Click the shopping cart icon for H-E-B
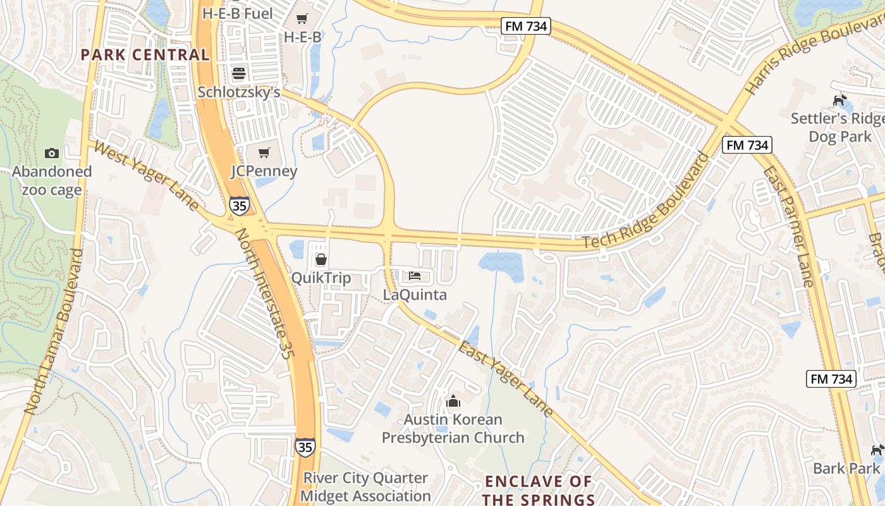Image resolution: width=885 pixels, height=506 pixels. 302,19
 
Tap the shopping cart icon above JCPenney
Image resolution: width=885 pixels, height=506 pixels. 264,152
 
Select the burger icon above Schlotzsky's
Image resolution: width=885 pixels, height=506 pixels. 238,73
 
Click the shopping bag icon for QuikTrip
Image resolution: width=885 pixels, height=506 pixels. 320,259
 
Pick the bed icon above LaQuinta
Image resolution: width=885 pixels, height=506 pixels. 415,276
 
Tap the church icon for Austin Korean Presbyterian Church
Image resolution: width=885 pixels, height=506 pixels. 453,401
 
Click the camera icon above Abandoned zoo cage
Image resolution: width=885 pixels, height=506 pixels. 52,153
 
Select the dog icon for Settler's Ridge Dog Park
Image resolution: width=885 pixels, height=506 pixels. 839,100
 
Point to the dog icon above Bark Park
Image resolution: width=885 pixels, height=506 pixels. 877,450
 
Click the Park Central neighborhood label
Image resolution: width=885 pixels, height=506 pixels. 145,54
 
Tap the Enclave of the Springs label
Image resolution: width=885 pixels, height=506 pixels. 539,490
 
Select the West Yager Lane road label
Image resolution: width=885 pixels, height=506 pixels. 147,176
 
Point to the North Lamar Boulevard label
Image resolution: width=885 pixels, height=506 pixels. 54,332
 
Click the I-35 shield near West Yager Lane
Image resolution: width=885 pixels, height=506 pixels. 239,206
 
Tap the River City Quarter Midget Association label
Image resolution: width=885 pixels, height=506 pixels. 365,486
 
